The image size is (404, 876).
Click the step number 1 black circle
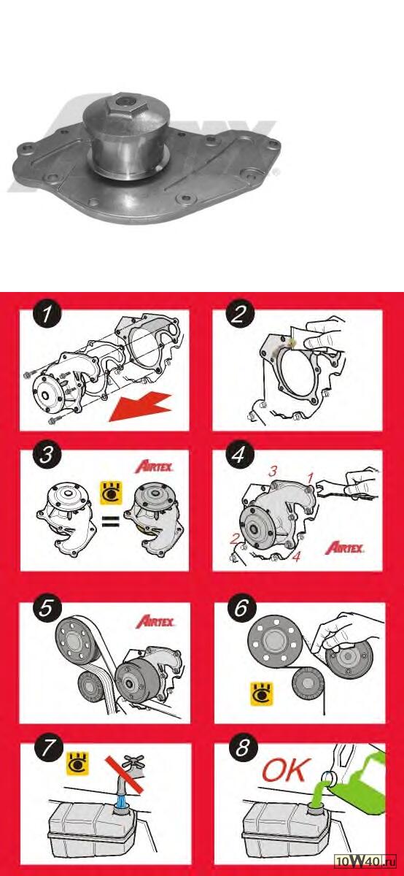[47, 314]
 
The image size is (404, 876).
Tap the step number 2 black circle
[239, 314]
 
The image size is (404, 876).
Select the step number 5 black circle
[46, 608]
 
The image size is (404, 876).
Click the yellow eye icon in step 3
[112, 493]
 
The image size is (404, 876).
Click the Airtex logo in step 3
[154, 466]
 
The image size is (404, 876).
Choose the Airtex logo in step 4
[345, 547]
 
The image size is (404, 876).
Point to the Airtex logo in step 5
[155, 621]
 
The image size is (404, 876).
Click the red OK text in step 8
[286, 770]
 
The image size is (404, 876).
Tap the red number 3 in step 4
[272, 472]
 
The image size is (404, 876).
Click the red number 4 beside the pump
[297, 556]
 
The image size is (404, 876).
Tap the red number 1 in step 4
[310, 477]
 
